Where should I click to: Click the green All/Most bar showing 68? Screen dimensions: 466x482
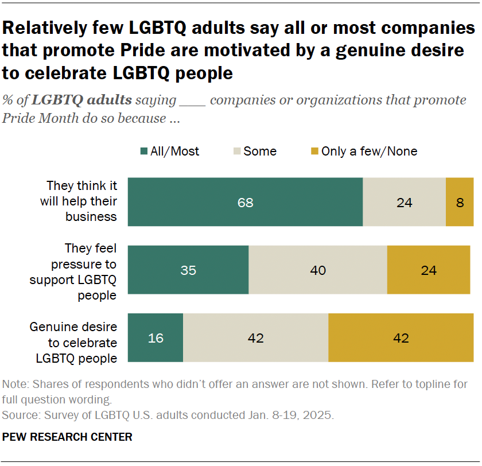click(x=245, y=202)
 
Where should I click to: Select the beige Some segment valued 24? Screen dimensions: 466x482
click(x=404, y=202)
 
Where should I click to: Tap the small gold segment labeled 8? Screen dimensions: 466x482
click(x=460, y=202)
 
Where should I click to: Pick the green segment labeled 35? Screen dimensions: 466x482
click(x=188, y=270)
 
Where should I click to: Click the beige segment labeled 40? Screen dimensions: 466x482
click(x=317, y=270)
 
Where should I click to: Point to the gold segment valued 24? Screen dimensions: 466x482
click(x=429, y=270)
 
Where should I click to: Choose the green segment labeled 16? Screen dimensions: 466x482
click(x=156, y=338)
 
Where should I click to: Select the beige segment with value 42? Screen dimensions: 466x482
click(x=255, y=338)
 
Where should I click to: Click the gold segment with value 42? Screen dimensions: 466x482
click(x=401, y=338)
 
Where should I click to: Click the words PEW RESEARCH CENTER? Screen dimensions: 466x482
click(x=67, y=437)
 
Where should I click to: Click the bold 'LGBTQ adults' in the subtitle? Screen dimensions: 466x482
click(x=83, y=100)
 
